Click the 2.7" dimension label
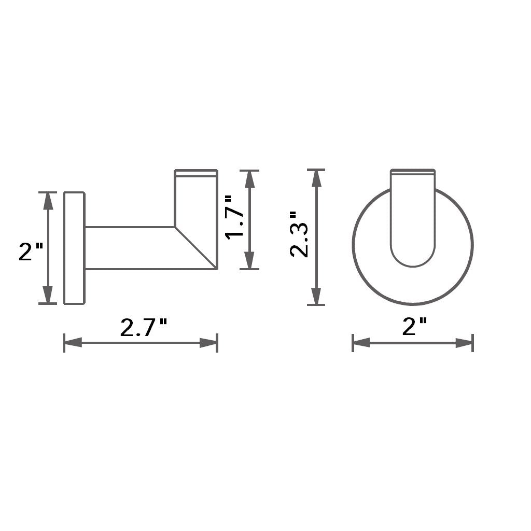144,328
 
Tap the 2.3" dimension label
300,234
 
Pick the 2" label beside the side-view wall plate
31,251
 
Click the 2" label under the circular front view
415,327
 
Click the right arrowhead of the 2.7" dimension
208,343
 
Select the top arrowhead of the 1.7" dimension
249,178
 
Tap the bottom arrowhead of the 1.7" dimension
249,260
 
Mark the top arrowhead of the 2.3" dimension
316,178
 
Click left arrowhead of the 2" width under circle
361,343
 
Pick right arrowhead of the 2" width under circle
465,343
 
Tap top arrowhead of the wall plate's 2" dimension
48,201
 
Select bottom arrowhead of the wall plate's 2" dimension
48,295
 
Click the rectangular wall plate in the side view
74,248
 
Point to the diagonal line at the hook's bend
196,248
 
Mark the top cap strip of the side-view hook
195,173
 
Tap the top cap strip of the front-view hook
413,171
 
